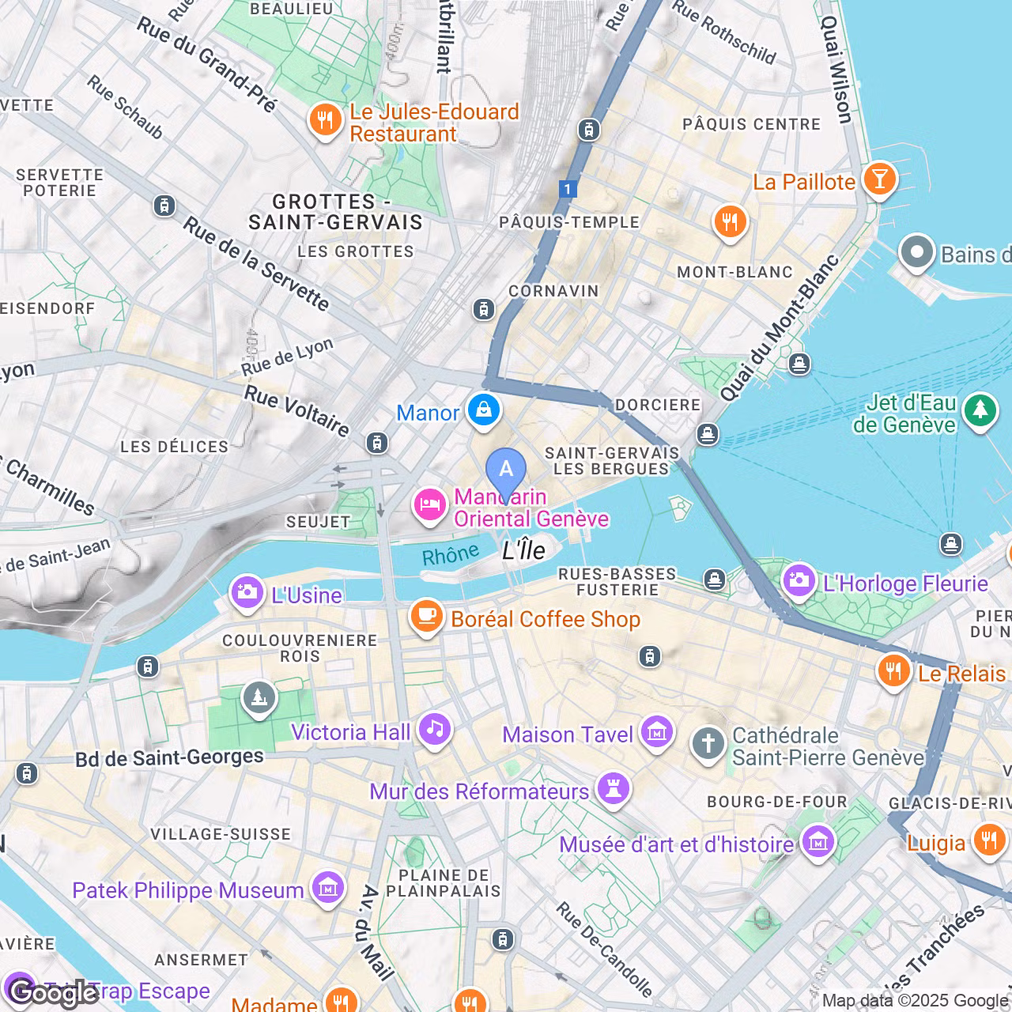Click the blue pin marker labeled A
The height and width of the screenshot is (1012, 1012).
(x=506, y=470)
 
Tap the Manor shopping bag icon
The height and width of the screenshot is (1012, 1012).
(x=483, y=410)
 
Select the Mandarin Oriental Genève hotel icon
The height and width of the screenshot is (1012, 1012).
(x=429, y=504)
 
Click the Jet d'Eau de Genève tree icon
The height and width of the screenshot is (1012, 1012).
(x=980, y=410)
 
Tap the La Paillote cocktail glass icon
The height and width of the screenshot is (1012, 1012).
(x=879, y=178)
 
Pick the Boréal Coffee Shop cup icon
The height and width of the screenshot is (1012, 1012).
(x=427, y=616)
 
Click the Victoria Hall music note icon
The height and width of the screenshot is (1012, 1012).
(x=435, y=728)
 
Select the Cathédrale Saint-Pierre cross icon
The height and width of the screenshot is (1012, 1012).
(x=708, y=743)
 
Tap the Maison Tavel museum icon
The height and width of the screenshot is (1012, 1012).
(x=657, y=732)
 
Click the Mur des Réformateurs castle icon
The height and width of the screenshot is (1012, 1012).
(x=614, y=787)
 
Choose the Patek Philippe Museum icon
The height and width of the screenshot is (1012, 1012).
(x=327, y=888)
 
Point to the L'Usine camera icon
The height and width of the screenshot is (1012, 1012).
(x=247, y=591)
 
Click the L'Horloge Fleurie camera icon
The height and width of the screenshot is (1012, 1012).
(x=799, y=580)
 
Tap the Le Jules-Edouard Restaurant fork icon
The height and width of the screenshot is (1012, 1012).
(x=324, y=119)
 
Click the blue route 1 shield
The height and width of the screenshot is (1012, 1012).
(x=567, y=189)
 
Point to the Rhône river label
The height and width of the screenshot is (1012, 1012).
(x=450, y=554)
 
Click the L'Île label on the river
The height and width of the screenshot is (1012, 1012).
(x=524, y=550)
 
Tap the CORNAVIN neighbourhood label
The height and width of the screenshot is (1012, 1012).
(x=553, y=291)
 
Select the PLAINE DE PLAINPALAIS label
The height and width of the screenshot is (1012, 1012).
(x=443, y=883)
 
